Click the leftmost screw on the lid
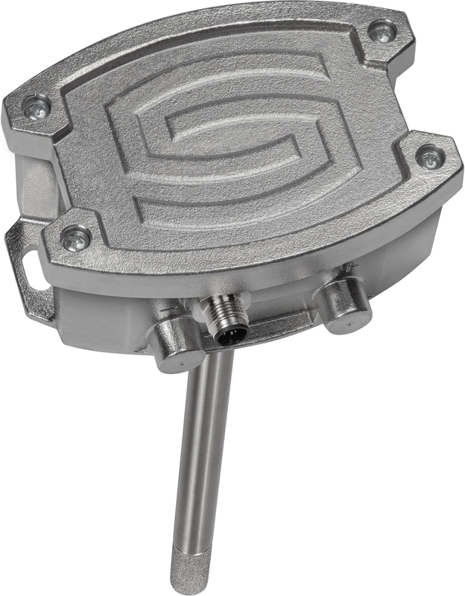[x=36, y=109]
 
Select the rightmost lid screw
[x=430, y=157]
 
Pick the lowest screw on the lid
[x=75, y=239]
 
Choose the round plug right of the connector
[x=344, y=301]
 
